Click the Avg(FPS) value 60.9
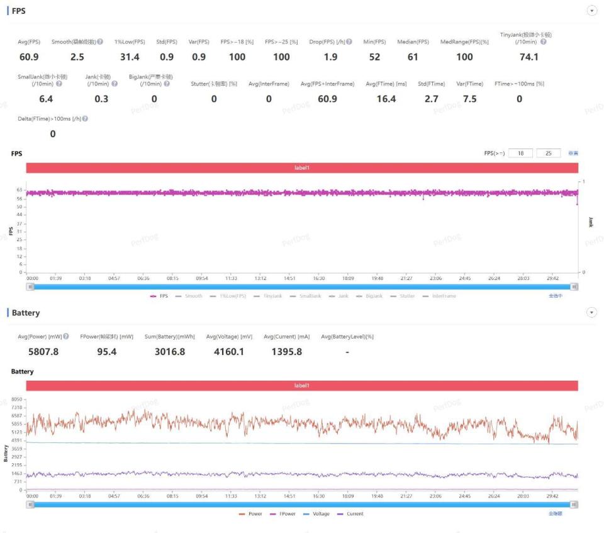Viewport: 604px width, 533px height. tap(29, 57)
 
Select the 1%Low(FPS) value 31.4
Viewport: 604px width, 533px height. tap(130, 57)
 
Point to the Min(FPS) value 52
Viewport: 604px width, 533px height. tap(374, 57)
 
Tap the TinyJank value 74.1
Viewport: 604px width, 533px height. tap(529, 57)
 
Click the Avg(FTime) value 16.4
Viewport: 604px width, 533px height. tap(386, 99)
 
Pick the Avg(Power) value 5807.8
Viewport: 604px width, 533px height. tap(43, 352)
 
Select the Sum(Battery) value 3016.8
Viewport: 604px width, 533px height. tap(170, 352)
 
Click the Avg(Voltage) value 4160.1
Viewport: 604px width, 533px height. tap(228, 352)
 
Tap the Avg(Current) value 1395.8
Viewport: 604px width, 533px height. tap(286, 352)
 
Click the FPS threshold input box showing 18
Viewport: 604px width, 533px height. tap(520, 153)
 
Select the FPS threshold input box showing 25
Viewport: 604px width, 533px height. tap(549, 153)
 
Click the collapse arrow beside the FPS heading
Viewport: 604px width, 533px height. tap(591, 11)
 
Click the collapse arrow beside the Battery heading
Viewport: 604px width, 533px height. tap(591, 312)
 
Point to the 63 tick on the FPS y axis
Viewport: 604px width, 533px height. tap(20, 189)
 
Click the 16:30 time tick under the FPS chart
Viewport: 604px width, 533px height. tap(319, 278)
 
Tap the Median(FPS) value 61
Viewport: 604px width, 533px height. tap(413, 57)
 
